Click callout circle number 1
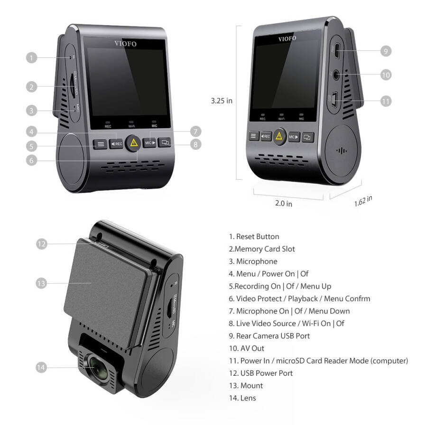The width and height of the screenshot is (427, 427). [x=31, y=58]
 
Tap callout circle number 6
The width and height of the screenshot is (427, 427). [x=31, y=160]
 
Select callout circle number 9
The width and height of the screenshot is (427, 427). [x=386, y=51]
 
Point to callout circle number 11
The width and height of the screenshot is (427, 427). [x=386, y=101]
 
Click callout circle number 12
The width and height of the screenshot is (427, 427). [x=42, y=244]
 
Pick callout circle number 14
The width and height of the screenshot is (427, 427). [x=42, y=367]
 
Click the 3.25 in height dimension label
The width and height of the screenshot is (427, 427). [x=222, y=101]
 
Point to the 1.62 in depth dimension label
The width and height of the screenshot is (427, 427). [x=363, y=200]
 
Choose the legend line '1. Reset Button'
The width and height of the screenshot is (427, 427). [x=254, y=236]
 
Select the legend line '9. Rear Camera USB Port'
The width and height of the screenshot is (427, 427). [x=269, y=336]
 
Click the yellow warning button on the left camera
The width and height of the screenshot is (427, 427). [x=134, y=142]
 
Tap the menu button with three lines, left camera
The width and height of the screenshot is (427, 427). [x=100, y=143]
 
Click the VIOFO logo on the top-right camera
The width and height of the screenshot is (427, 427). [x=287, y=38]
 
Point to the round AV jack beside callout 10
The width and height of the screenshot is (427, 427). [x=337, y=74]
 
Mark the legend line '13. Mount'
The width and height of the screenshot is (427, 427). [x=246, y=385]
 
